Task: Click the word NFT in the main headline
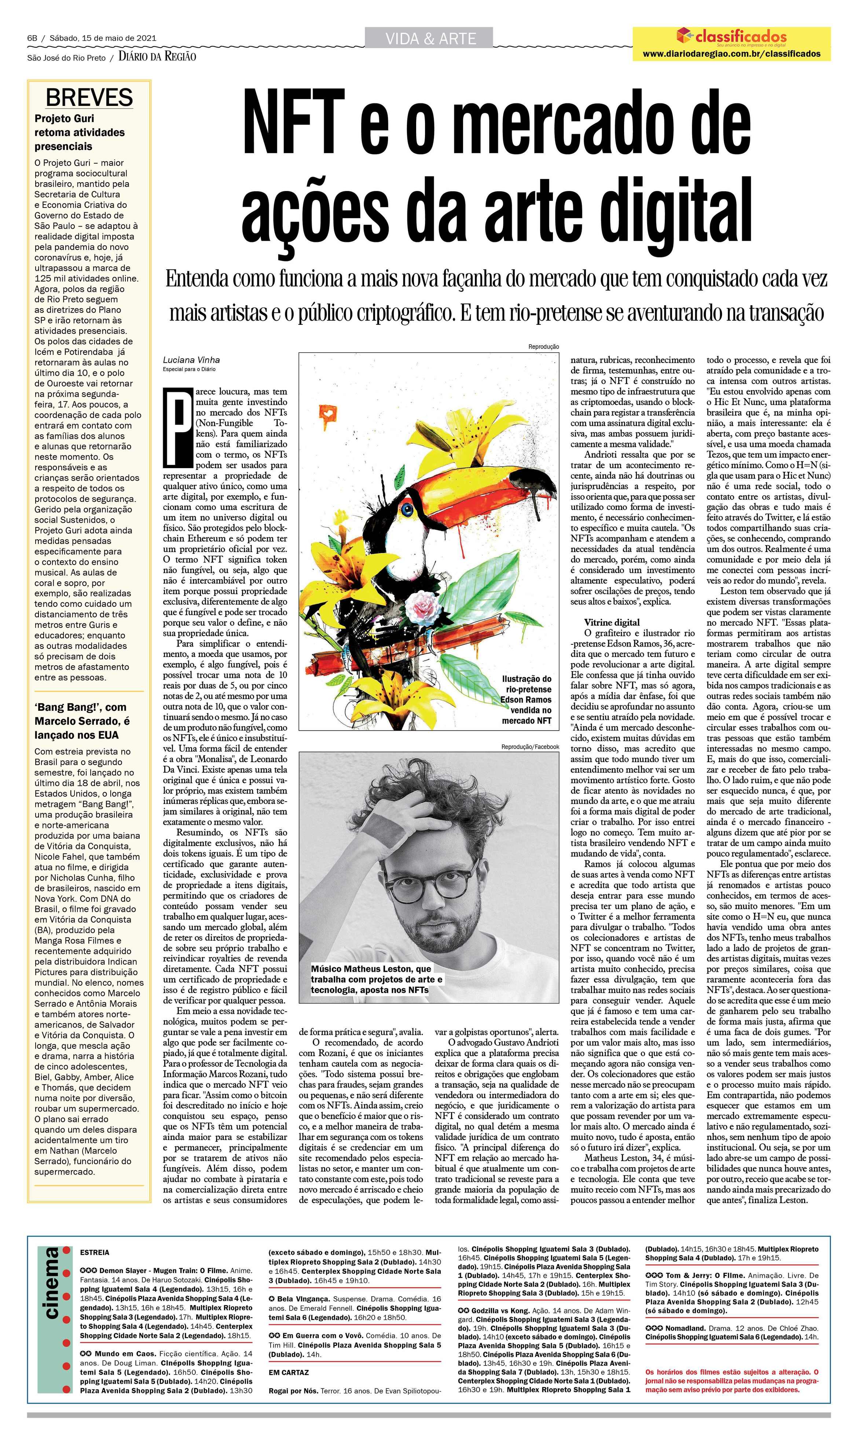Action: pyautogui.click(x=291, y=123)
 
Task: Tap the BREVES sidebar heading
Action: pyautogui.click(x=89, y=98)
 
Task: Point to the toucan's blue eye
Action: pyautogui.click(x=409, y=510)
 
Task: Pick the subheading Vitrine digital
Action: pyautogui.click(x=612, y=622)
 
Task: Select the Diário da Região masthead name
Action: pyautogui.click(x=157, y=57)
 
